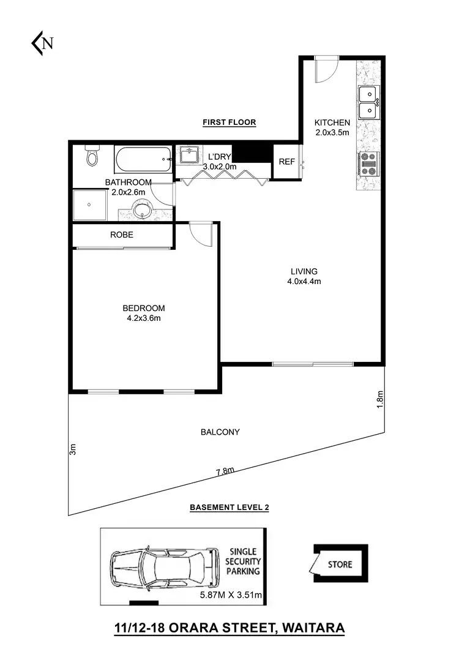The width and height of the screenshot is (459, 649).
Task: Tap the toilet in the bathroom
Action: point(92,157)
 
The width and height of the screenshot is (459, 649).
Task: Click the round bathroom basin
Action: point(143,211)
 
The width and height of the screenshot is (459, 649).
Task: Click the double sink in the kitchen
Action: point(368,102)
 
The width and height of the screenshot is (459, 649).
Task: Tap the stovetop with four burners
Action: point(369,164)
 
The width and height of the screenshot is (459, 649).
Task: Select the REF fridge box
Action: point(286,162)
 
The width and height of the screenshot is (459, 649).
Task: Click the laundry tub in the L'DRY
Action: point(190,155)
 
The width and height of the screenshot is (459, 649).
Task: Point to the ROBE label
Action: point(121,234)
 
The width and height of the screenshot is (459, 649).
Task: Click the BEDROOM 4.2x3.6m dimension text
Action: point(143,318)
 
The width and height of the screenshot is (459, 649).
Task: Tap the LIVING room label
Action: point(304,271)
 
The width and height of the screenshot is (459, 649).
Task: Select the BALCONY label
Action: point(220,432)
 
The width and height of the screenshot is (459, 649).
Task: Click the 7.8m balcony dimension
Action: point(225,471)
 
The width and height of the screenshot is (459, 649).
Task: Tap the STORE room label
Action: point(340,564)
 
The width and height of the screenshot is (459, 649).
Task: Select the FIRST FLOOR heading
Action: point(229,122)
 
